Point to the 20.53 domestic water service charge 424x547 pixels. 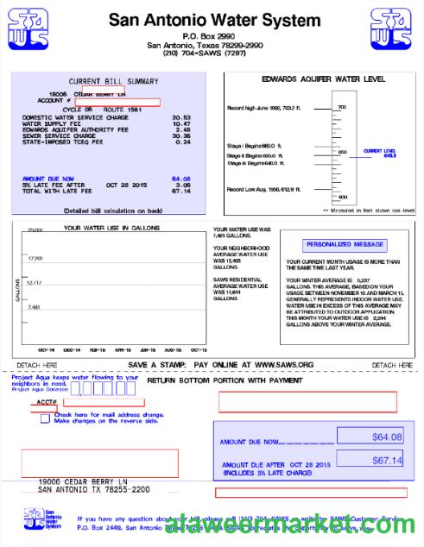181,117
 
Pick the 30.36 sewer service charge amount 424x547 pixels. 181,135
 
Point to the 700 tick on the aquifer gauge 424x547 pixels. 341,107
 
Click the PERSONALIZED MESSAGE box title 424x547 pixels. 333,245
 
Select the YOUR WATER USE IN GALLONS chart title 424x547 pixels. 111,228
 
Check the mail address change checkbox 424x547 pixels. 45,418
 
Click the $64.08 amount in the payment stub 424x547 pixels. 387,437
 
